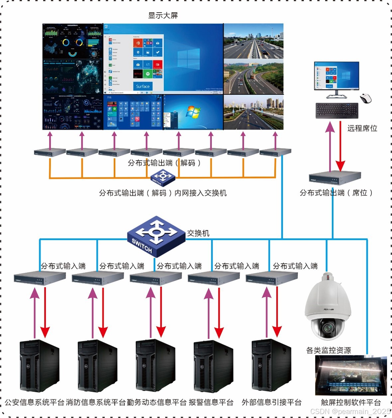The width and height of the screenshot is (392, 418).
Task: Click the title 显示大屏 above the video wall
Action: pyautogui.click(x=163, y=15)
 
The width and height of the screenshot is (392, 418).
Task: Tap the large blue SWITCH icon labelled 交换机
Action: pyautogui.click(x=156, y=236)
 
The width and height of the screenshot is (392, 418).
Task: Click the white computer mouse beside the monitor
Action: pyautogui.click(x=365, y=98)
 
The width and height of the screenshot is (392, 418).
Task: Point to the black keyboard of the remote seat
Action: pyautogui.click(x=337, y=111)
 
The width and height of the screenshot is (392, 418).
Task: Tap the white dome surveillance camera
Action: pyautogui.click(x=328, y=307)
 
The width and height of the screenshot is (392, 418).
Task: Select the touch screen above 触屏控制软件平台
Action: pyautogui.click(x=351, y=375)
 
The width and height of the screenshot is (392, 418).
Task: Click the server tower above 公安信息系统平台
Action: pyautogui.click(x=40, y=366)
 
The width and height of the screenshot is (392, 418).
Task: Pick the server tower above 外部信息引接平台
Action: pyautogui.click(x=271, y=366)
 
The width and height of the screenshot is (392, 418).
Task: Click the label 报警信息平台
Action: pyautogui.click(x=211, y=402)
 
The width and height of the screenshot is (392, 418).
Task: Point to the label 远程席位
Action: pyautogui.click(x=362, y=128)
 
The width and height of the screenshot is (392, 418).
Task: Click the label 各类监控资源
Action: pyautogui.click(x=328, y=350)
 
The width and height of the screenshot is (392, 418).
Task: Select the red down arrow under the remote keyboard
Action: pyautogui.click(x=340, y=146)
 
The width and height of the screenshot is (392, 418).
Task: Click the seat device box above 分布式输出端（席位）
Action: pyautogui.click(x=335, y=178)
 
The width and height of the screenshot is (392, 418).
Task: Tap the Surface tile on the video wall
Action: pyautogui.click(x=143, y=86)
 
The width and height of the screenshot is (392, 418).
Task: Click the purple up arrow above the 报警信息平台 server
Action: pyautogui.click(x=209, y=312)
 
